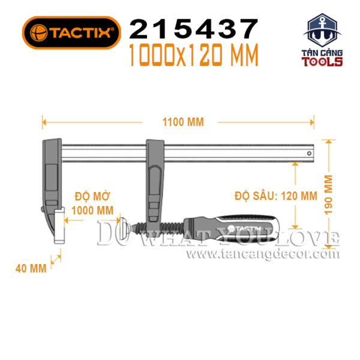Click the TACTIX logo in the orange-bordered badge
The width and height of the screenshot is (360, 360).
pos(71,32)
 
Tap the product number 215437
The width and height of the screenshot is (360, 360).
pos(194,29)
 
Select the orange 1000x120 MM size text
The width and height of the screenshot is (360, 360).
pos(194,55)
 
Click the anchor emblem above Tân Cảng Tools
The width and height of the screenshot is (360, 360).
pos(322,31)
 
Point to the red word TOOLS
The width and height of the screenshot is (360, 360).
pos(322,62)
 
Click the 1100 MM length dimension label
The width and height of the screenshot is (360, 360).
pos(183,122)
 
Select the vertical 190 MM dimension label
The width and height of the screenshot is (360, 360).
pos(328,194)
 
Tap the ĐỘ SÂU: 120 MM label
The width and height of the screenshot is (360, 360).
pos(276,196)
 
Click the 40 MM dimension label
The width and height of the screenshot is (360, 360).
pos(31,268)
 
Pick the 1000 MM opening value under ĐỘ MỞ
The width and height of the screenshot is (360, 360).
pos(92,211)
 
